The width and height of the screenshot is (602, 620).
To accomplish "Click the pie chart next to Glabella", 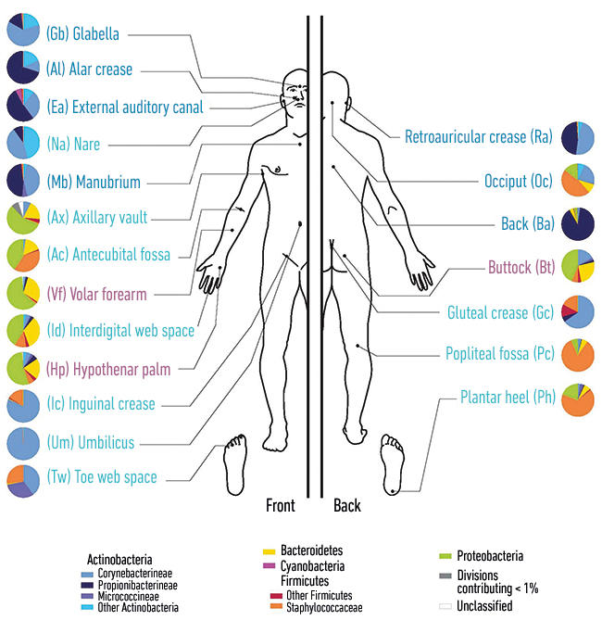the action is (23, 30).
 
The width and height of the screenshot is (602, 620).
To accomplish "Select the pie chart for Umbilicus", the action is (23, 443).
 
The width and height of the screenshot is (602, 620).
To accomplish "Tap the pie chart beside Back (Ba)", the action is (578, 223).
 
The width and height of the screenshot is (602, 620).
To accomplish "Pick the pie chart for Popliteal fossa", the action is (578, 355).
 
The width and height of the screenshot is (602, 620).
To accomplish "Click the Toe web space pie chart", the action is (23, 481).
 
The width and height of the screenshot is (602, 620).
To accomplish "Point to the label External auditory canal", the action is (125, 107).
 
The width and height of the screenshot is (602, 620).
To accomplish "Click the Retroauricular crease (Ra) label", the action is (479, 137).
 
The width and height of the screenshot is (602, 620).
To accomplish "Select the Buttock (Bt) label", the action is (521, 267).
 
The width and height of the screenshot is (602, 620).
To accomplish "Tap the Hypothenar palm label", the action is (108, 369).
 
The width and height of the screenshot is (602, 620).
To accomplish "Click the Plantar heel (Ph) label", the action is (508, 397).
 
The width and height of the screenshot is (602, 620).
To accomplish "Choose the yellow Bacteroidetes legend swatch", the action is (269, 551).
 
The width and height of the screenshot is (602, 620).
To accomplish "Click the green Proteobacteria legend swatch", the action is (445, 556).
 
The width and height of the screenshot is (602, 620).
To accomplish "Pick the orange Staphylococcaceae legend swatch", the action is (276, 606).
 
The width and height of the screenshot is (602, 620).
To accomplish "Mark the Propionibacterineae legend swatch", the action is (87, 585).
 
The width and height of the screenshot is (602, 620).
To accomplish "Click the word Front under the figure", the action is (281, 506).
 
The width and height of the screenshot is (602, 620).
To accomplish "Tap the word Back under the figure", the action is (347, 506).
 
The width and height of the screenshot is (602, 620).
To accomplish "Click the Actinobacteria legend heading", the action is (119, 560).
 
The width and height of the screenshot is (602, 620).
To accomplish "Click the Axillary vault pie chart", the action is (23, 218).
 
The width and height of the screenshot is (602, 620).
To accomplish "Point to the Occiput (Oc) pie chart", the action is (578, 181).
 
